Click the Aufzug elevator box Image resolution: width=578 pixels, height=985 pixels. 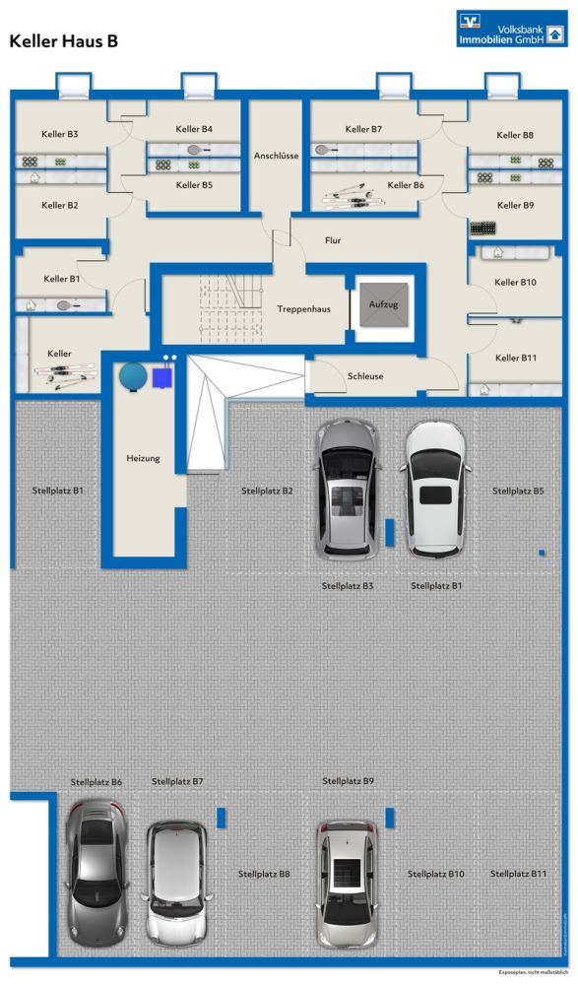(383, 304)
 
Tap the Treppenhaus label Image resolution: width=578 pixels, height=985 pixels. (303, 309)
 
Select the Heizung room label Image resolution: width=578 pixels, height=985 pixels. (143, 459)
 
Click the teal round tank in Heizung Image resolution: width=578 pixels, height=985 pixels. (133, 376)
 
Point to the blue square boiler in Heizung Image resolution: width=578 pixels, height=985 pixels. (162, 377)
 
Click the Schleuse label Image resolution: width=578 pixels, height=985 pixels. (365, 376)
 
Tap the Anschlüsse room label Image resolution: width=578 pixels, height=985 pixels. (276, 156)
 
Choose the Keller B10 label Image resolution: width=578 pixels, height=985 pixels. (515, 283)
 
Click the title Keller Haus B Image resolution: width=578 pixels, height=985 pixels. (63, 41)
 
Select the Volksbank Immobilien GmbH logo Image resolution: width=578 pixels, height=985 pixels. (511, 29)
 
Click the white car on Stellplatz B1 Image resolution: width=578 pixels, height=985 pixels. (436, 490)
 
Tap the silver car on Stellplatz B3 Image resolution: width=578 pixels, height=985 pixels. (348, 490)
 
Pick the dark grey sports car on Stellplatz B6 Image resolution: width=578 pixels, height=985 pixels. (97, 873)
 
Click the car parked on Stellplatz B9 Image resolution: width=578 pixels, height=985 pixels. (347, 884)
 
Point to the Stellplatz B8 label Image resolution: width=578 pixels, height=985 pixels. (264, 874)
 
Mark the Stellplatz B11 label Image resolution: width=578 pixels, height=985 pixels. (518, 874)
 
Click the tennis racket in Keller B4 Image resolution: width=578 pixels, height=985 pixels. (198, 150)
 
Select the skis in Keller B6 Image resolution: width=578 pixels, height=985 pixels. (345, 196)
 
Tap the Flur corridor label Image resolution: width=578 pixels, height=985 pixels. (333, 240)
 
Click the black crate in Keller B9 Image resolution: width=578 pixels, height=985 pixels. (482, 229)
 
